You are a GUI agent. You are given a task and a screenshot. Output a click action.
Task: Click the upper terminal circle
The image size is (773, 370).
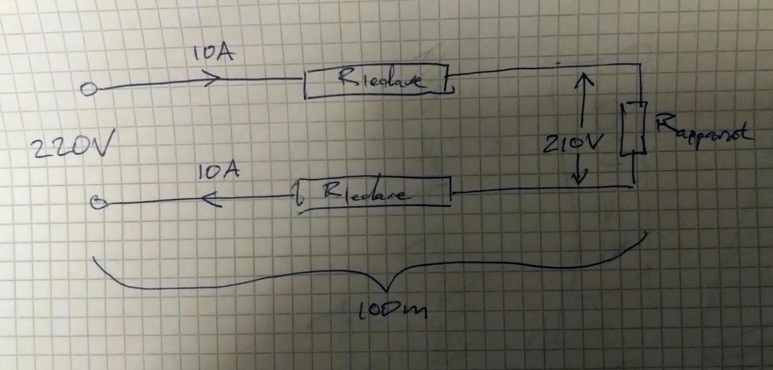[88, 90]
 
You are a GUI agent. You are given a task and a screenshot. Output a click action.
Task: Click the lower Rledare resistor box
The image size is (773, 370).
[373, 193]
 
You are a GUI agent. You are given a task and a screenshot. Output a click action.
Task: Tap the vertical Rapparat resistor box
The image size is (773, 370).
[633, 129]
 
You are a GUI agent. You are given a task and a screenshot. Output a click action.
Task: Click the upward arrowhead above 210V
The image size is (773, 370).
[584, 75]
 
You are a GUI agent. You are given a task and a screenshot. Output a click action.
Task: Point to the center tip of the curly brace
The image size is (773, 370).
[386, 289]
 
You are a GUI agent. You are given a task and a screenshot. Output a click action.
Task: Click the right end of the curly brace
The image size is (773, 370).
[646, 235]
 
